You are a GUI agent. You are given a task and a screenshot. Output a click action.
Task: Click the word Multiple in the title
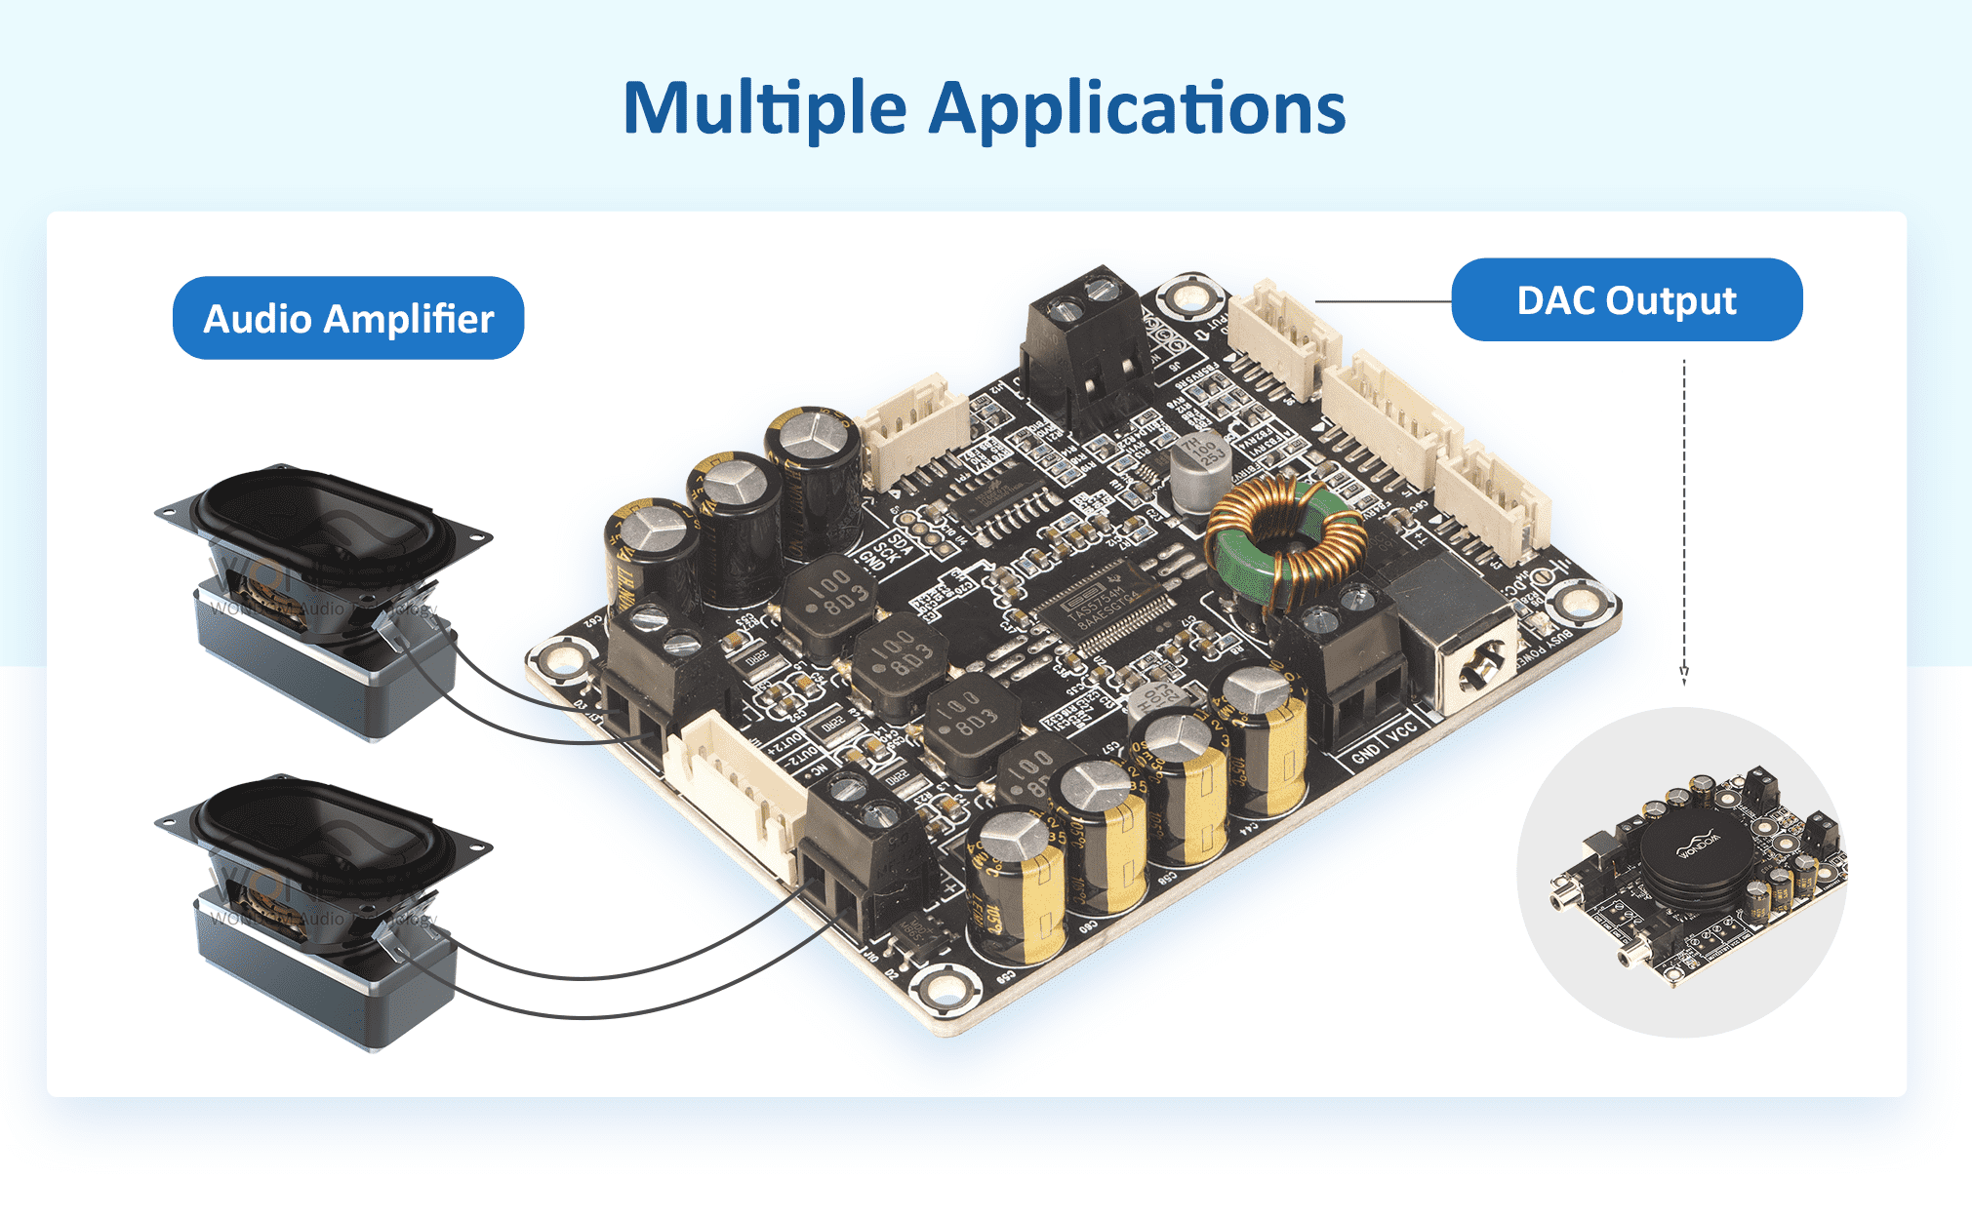(764, 108)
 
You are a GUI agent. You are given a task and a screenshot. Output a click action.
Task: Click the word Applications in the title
(1137, 108)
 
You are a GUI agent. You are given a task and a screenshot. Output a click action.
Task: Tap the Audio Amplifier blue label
(348, 319)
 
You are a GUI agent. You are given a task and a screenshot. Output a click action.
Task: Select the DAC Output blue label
(1627, 300)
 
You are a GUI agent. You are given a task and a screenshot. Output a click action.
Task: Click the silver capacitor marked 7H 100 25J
(1200, 468)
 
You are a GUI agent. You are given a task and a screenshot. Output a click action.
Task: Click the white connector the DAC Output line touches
(1283, 336)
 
